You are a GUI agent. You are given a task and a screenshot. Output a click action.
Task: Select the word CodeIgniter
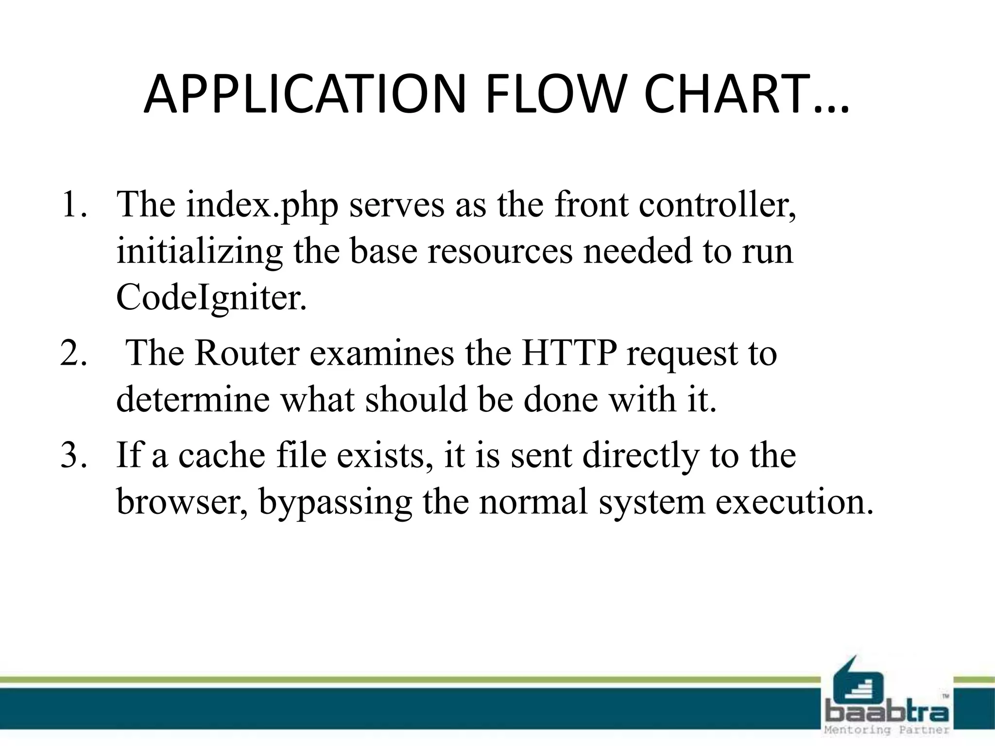[211, 297]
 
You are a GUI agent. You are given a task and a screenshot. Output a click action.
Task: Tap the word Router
[247, 353]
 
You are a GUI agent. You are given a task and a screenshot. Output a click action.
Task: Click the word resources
[500, 252]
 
